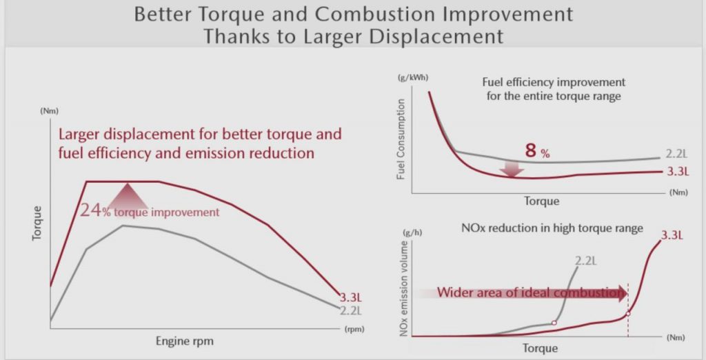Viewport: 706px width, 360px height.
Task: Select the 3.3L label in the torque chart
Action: [352, 298]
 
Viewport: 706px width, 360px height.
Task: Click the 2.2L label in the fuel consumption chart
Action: [680, 154]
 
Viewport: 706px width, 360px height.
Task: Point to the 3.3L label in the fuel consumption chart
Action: [680, 171]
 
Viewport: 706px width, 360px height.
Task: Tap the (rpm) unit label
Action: [354, 330]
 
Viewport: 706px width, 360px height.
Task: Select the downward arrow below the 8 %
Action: [512, 168]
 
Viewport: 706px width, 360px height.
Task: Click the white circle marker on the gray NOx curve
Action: [554, 323]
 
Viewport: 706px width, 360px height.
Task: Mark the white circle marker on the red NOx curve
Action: [627, 314]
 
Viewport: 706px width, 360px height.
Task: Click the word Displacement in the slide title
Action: [443, 36]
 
